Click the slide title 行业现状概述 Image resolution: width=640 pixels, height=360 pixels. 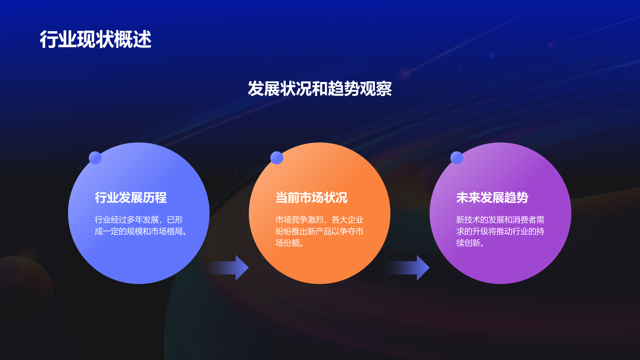point(95,40)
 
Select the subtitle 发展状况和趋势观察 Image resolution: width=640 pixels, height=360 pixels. point(320,88)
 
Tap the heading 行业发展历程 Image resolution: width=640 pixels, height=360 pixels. point(131,198)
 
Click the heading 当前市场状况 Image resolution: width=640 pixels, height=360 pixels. point(312,198)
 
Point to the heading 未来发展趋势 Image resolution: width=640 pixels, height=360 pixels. point(492,198)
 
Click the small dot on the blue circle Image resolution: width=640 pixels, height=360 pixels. point(95,158)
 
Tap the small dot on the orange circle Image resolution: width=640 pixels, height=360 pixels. point(277,158)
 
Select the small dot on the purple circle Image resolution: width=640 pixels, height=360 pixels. point(457,158)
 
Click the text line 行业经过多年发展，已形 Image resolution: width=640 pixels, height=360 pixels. point(139,220)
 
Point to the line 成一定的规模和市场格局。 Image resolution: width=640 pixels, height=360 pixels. point(141,231)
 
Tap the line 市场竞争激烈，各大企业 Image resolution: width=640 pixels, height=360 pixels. point(320,220)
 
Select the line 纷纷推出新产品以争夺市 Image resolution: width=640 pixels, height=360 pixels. point(320,231)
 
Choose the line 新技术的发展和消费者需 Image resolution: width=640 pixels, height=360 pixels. point(500,220)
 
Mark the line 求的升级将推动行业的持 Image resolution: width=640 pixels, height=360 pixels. point(500,231)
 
